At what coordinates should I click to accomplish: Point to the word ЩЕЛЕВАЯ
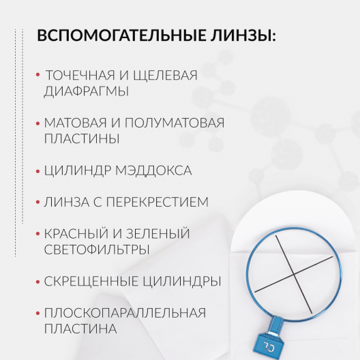point(169,75)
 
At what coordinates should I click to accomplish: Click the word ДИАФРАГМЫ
point(87,91)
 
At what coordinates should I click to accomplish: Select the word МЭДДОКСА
point(157,170)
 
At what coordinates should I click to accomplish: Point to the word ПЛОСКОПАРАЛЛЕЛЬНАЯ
point(125,313)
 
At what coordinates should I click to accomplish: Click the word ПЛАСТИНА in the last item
point(80,329)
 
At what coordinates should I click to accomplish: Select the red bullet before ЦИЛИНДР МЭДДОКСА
point(37,170)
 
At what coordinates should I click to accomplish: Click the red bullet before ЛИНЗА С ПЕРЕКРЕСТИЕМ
point(37,202)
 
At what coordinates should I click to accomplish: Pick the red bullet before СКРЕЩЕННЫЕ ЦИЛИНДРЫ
point(37,281)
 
